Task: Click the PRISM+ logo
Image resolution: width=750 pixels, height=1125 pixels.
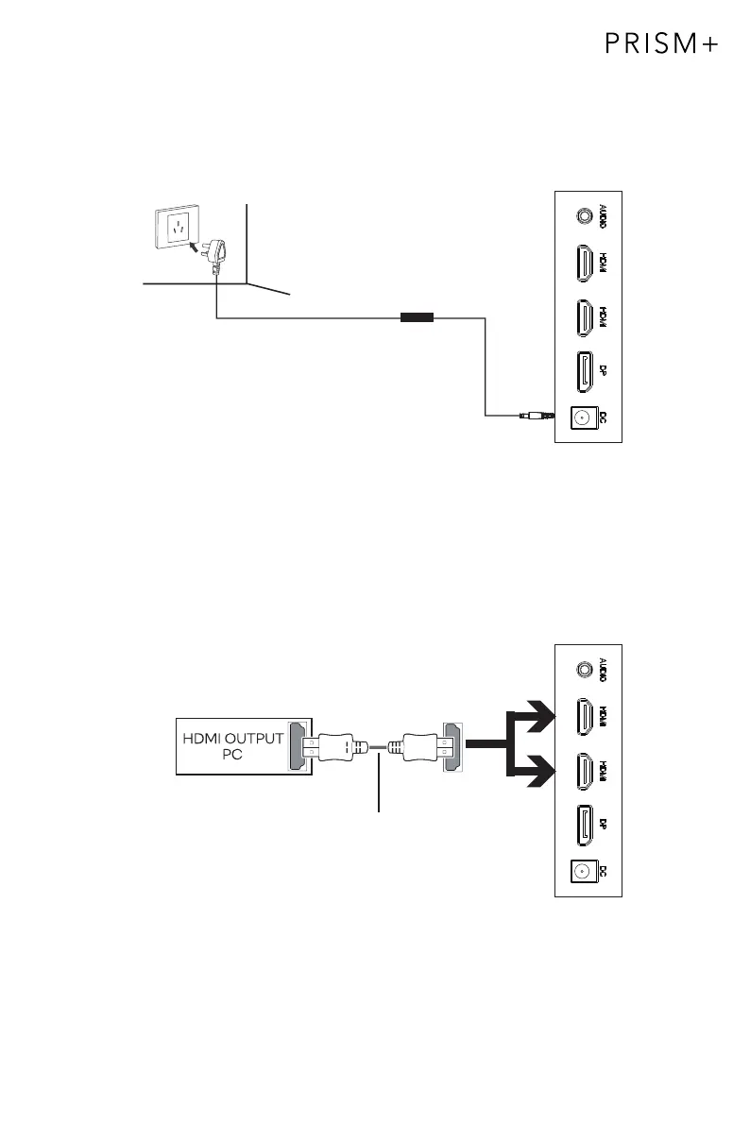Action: coord(660,45)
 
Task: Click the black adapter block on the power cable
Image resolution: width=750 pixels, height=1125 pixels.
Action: coord(416,318)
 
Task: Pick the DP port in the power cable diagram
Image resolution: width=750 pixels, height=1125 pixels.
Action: coord(582,370)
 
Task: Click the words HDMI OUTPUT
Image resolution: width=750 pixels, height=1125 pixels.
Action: coord(232,739)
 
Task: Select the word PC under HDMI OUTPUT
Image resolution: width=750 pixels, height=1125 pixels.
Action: coord(231,755)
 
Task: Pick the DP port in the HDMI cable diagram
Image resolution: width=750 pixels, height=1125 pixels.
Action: coord(582,823)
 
